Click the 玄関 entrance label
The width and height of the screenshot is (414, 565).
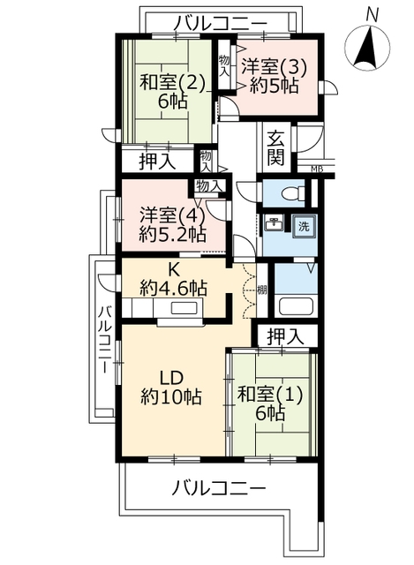[x=276, y=147]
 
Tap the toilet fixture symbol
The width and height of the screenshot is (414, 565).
[x=291, y=194]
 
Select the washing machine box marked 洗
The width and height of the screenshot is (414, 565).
[x=305, y=227]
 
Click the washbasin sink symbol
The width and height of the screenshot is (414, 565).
[x=274, y=223]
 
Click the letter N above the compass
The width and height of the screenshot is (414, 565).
[x=372, y=16]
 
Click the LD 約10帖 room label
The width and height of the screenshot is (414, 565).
[x=171, y=388]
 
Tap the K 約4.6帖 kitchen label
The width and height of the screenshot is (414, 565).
[x=173, y=280]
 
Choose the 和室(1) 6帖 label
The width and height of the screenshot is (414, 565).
[x=270, y=403]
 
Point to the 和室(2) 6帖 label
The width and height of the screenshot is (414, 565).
[x=172, y=92]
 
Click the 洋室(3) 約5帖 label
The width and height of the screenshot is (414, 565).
[x=274, y=76]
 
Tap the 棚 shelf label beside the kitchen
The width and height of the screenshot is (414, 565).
[x=262, y=290]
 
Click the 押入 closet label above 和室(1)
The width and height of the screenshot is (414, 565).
[x=286, y=336]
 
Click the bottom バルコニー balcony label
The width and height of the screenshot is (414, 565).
[x=218, y=489]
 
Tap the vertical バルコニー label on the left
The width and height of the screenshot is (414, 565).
[x=106, y=340]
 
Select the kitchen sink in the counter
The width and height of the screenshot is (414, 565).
[x=184, y=309]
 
